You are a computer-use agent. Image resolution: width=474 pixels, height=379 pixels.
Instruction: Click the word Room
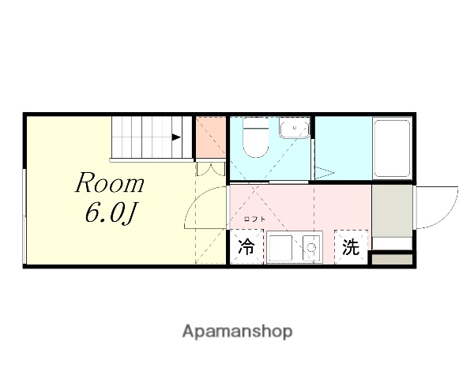click(x=110, y=184)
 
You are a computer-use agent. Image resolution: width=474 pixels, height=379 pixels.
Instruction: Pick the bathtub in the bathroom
click(x=392, y=148)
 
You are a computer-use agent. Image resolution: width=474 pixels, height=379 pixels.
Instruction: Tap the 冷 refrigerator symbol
click(x=246, y=247)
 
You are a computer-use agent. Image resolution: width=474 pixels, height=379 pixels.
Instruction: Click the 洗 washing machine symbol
click(x=351, y=247)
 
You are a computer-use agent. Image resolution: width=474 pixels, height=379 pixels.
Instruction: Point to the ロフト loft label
click(x=254, y=219)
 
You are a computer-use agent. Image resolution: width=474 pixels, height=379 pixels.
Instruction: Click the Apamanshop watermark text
click(x=237, y=332)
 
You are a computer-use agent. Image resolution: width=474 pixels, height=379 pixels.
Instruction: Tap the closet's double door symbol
click(x=211, y=168)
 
